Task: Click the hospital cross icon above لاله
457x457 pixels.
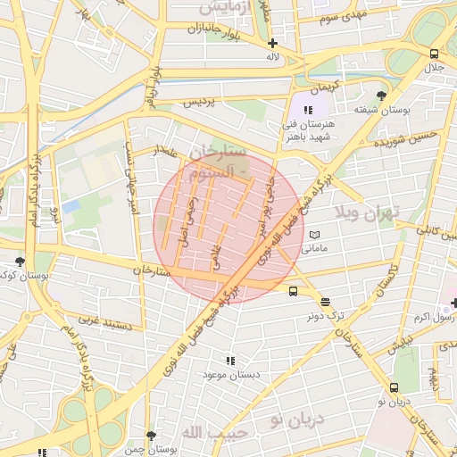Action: (x=272, y=43)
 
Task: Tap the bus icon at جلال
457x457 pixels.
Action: (x=435, y=54)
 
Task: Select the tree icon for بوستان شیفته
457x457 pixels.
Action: (x=382, y=96)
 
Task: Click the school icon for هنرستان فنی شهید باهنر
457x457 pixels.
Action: (x=309, y=109)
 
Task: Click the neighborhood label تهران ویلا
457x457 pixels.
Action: (x=370, y=212)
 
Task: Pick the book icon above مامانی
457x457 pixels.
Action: (x=313, y=234)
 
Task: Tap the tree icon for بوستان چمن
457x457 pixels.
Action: (x=151, y=436)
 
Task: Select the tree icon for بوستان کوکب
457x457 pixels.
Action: (x=20, y=262)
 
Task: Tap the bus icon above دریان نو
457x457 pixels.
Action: (x=394, y=387)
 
